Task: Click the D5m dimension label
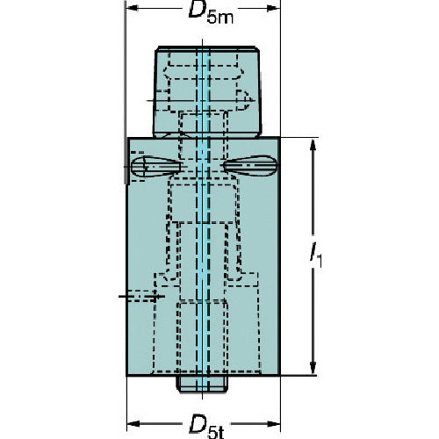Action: click(211, 12)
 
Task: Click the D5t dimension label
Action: click(207, 427)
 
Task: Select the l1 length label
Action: click(316, 255)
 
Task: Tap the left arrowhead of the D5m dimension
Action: click(132, 8)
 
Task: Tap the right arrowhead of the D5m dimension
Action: click(274, 8)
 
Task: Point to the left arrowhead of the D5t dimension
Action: click(133, 423)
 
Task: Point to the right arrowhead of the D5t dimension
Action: click(274, 423)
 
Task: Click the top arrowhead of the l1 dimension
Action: click(313, 145)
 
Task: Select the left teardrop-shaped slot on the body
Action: click(155, 167)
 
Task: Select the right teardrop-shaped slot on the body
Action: click(250, 166)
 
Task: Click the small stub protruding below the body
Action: click(202, 384)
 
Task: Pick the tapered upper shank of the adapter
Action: click(207, 91)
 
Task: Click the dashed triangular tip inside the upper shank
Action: click(243, 100)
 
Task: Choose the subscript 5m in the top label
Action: click(220, 18)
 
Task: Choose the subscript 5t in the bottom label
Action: click(216, 433)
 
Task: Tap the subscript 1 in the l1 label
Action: click(320, 261)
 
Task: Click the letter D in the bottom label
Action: click(198, 423)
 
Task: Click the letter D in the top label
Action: click(198, 11)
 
